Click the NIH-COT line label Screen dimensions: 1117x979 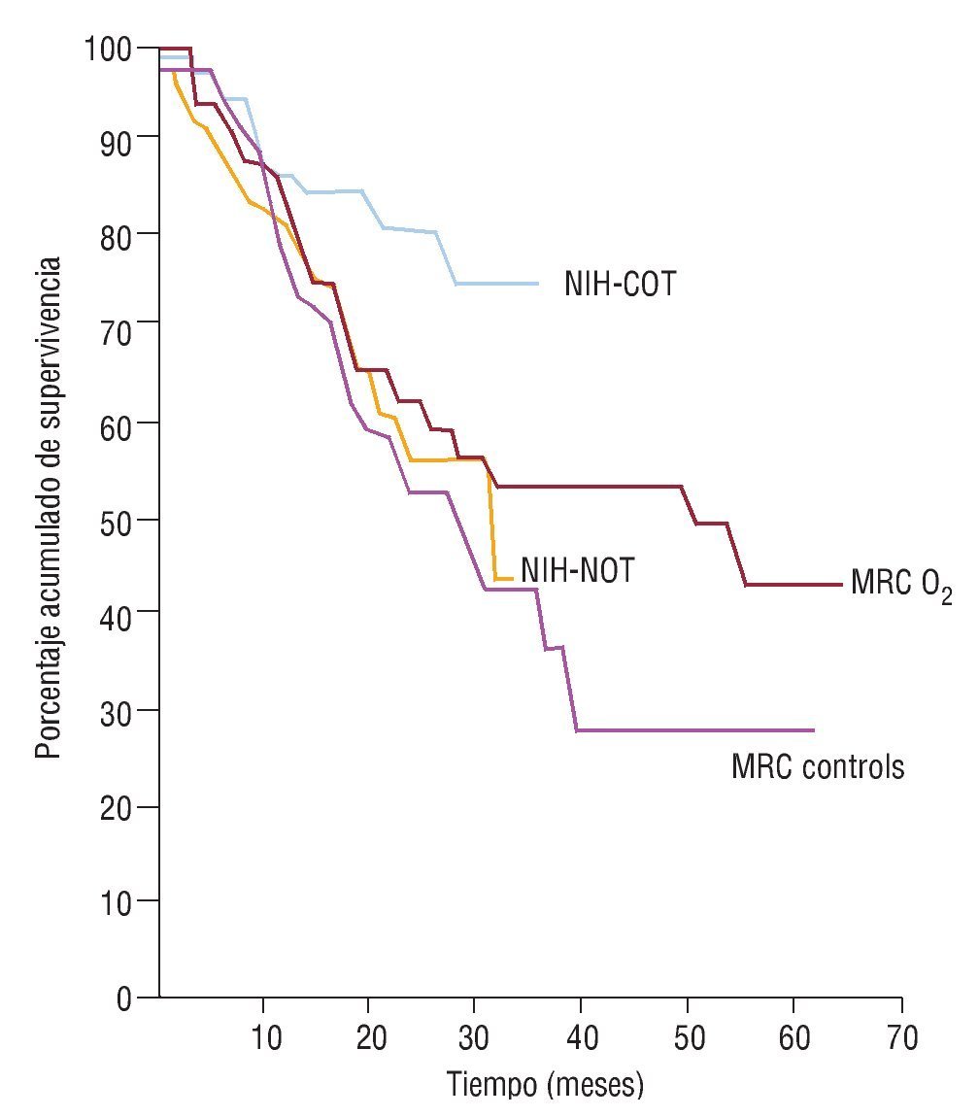coord(619,286)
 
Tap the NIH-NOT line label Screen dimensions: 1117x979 coord(577,570)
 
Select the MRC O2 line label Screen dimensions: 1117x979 coord(900,586)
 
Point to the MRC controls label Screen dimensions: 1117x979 coord(818,766)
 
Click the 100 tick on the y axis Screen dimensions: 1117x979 coord(110,47)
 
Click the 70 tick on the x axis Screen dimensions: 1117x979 coord(901,1037)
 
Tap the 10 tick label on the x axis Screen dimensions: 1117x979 coord(263,1037)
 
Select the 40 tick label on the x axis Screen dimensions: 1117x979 coord(581,1037)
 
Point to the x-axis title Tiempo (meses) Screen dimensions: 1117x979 coord(545,1084)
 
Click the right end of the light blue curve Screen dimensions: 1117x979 coord(538,284)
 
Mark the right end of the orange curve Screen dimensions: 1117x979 coord(511,579)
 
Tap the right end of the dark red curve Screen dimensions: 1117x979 coord(841,585)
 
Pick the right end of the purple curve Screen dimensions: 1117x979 coord(813,730)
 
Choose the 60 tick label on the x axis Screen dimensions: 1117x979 coord(793,1037)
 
